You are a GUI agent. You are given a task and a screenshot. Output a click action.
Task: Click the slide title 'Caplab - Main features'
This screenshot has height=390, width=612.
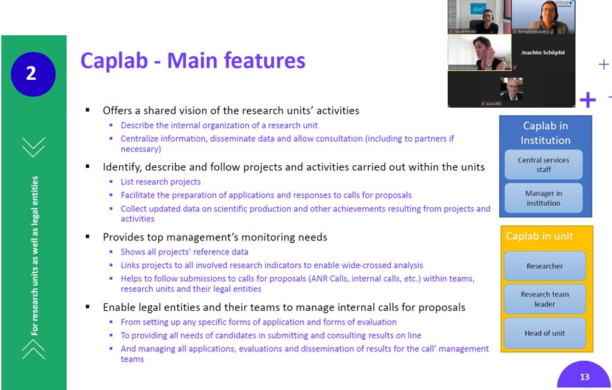(x=193, y=60)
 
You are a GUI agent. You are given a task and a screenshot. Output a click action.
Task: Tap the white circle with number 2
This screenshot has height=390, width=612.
(x=32, y=74)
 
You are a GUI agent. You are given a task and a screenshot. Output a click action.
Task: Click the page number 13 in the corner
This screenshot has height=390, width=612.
(x=584, y=376)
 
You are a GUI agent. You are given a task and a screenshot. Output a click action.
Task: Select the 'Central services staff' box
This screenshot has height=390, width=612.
(x=544, y=165)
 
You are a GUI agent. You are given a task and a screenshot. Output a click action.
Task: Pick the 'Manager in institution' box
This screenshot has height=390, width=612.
(x=544, y=198)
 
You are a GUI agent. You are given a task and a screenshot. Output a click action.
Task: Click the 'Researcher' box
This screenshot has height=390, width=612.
(x=544, y=266)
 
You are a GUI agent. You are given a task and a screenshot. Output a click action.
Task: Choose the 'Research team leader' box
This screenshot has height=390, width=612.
(x=544, y=299)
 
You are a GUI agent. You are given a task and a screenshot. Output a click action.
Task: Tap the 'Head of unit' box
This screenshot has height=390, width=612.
(x=544, y=332)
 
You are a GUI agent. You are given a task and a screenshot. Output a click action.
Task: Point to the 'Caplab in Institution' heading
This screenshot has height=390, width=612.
(x=545, y=133)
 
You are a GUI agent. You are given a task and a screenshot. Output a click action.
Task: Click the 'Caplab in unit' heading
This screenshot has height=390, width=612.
(x=540, y=236)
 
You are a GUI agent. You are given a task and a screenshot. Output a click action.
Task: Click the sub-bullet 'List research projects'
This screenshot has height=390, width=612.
(x=160, y=181)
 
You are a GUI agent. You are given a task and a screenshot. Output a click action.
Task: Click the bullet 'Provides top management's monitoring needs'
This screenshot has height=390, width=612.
(x=214, y=237)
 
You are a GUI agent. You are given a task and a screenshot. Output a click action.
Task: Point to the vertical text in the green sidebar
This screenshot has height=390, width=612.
(x=34, y=256)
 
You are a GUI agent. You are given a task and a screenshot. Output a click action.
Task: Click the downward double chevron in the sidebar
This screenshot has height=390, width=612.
(x=32, y=146)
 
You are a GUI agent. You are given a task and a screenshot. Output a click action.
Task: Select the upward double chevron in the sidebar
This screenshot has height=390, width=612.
(x=32, y=348)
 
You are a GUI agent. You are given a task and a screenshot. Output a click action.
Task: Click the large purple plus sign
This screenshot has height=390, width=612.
(x=588, y=100)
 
